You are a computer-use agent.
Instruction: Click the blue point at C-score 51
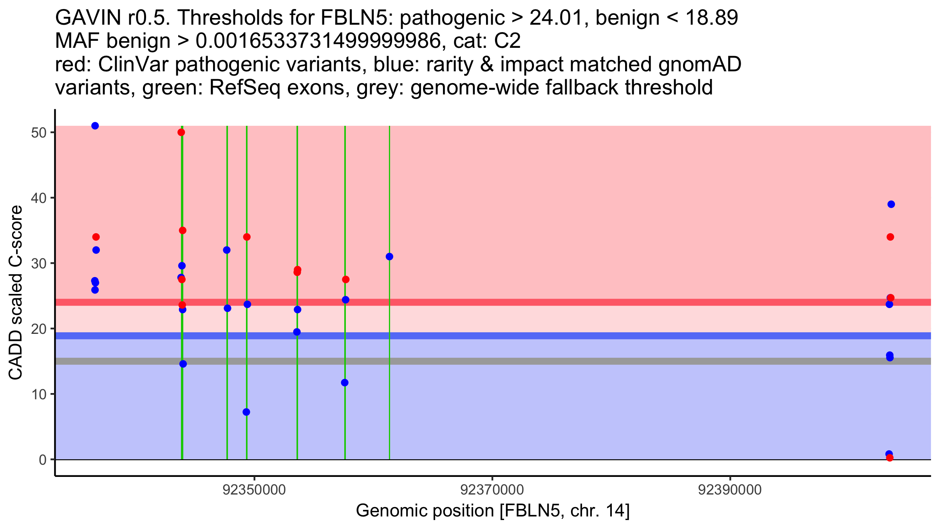coord(95,126)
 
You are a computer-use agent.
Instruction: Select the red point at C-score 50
coord(181,132)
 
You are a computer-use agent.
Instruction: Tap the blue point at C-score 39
coord(891,204)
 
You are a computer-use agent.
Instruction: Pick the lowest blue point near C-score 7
coord(246,412)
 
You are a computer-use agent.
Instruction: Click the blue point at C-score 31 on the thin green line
coord(389,257)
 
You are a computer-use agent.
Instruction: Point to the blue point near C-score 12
coord(345,382)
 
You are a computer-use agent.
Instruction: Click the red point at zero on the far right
coord(890,458)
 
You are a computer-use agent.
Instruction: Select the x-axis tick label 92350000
coord(254,490)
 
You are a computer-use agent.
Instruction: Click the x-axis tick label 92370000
coord(492,490)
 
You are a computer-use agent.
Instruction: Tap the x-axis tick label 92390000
coord(730,490)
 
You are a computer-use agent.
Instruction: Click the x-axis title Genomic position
coord(493,511)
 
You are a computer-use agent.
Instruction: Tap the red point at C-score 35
coord(183,230)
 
